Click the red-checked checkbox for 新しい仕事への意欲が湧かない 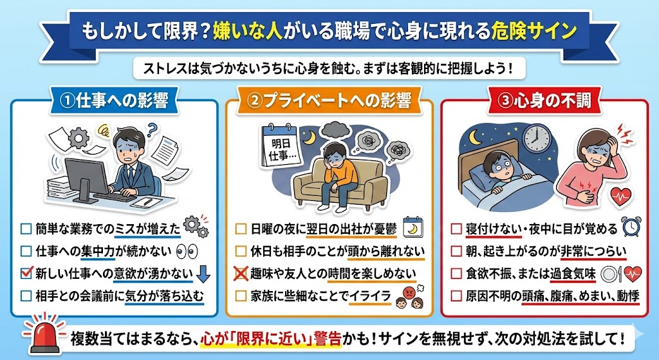click(x=26, y=273)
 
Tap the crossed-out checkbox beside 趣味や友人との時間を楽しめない click(x=241, y=274)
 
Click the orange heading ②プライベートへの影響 click(x=329, y=101)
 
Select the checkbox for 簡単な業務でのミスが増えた click(x=26, y=228)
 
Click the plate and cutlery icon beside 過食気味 click(x=611, y=274)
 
